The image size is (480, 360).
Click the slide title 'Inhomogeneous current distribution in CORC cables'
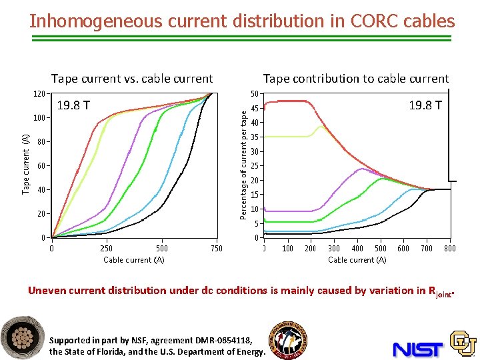[242, 21]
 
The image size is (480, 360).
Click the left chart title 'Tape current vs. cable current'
[132, 79]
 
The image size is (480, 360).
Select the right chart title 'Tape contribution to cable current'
[356, 79]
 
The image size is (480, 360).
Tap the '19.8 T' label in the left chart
[74, 105]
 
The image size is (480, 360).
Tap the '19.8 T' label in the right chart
[425, 105]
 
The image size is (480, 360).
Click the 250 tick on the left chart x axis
[106, 249]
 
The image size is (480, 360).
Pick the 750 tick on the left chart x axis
[216, 249]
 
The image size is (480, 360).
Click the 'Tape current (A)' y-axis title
[25, 164]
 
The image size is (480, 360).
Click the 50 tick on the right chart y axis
[255, 94]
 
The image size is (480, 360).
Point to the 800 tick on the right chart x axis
[450, 249]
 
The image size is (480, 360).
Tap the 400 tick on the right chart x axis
[357, 249]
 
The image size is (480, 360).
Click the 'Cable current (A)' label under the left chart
[134, 260]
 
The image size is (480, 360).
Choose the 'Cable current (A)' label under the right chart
[357, 260]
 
